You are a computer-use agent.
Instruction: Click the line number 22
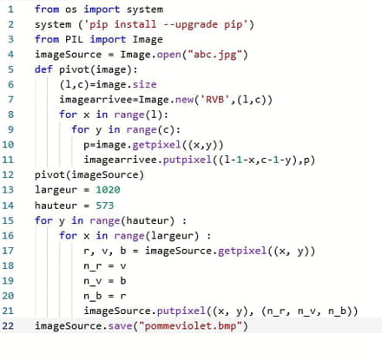point(8,326)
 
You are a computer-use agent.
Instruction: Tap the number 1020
point(108,190)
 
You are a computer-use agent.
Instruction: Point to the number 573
point(105,206)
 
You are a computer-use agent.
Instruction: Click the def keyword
point(43,69)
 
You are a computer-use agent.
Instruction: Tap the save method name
point(120,326)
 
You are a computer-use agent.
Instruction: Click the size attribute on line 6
point(144,84)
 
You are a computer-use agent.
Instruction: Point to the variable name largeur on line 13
point(56,190)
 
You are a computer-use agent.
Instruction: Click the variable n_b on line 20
point(93,296)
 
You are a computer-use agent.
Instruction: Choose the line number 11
point(8,160)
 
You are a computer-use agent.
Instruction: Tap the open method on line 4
point(168,55)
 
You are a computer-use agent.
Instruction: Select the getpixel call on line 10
point(156,145)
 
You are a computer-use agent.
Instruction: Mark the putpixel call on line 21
point(181,311)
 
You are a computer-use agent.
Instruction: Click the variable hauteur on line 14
point(56,206)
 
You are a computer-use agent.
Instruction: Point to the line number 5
point(10,69)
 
